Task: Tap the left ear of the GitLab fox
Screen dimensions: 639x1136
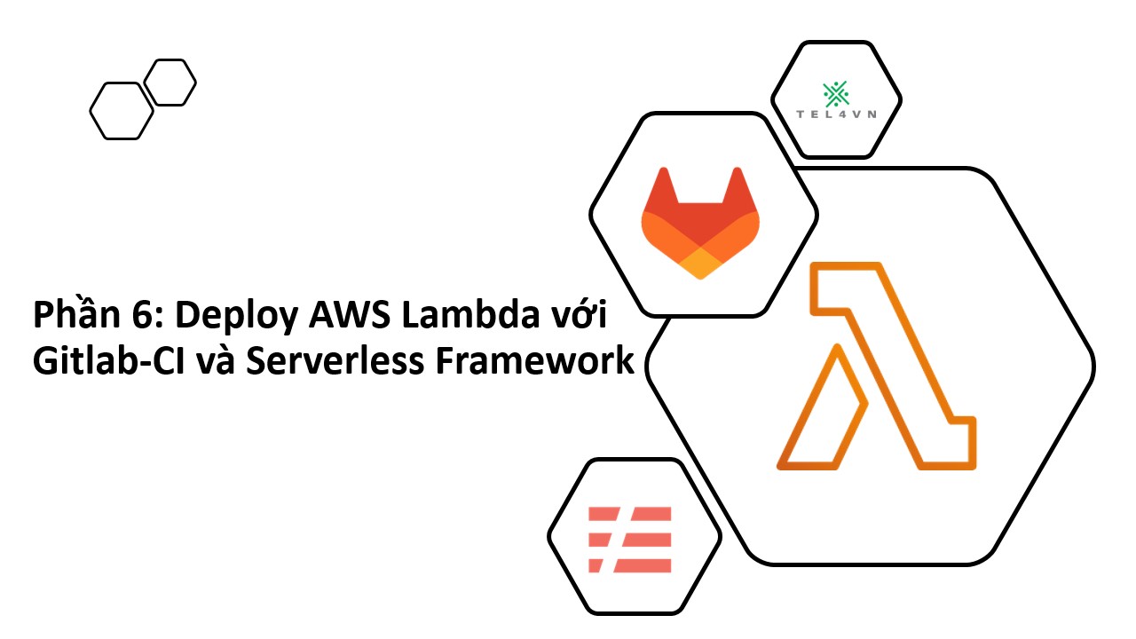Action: click(661, 187)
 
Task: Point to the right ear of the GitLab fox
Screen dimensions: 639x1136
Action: click(739, 187)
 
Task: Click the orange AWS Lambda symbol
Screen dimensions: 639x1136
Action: click(877, 366)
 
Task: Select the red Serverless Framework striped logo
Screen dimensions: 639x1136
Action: click(630, 539)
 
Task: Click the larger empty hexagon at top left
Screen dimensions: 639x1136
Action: click(122, 111)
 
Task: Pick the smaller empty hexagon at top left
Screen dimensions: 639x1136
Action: click(170, 83)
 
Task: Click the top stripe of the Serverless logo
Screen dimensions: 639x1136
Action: click(632, 514)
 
